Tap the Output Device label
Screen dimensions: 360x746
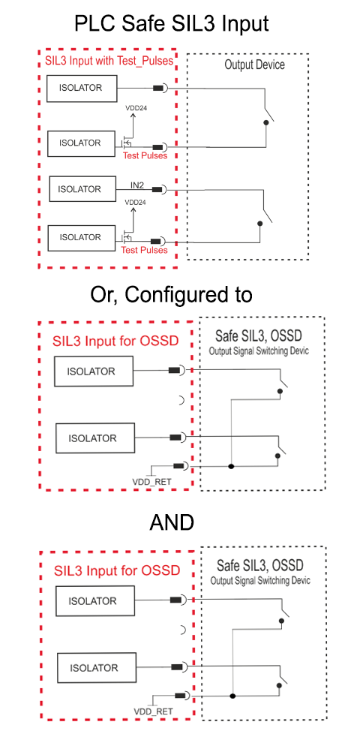[254, 65]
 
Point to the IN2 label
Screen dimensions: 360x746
[137, 184]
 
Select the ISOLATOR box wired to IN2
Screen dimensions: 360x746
[82, 189]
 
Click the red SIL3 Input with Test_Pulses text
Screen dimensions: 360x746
[109, 61]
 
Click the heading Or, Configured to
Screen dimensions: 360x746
[171, 296]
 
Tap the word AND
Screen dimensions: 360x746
[172, 523]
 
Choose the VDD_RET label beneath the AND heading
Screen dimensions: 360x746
[153, 711]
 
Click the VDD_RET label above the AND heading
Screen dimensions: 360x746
[151, 483]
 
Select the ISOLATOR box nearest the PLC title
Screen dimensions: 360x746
[82, 88]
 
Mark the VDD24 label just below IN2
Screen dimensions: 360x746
[136, 202]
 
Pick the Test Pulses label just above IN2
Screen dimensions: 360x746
[145, 155]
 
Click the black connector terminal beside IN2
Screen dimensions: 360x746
[157, 189]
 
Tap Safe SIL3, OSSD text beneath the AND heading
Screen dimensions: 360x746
[260, 566]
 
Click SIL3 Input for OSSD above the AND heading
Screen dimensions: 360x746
[115, 341]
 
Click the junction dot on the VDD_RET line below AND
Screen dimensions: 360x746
[232, 696]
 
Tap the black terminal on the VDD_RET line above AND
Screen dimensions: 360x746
[179, 466]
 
